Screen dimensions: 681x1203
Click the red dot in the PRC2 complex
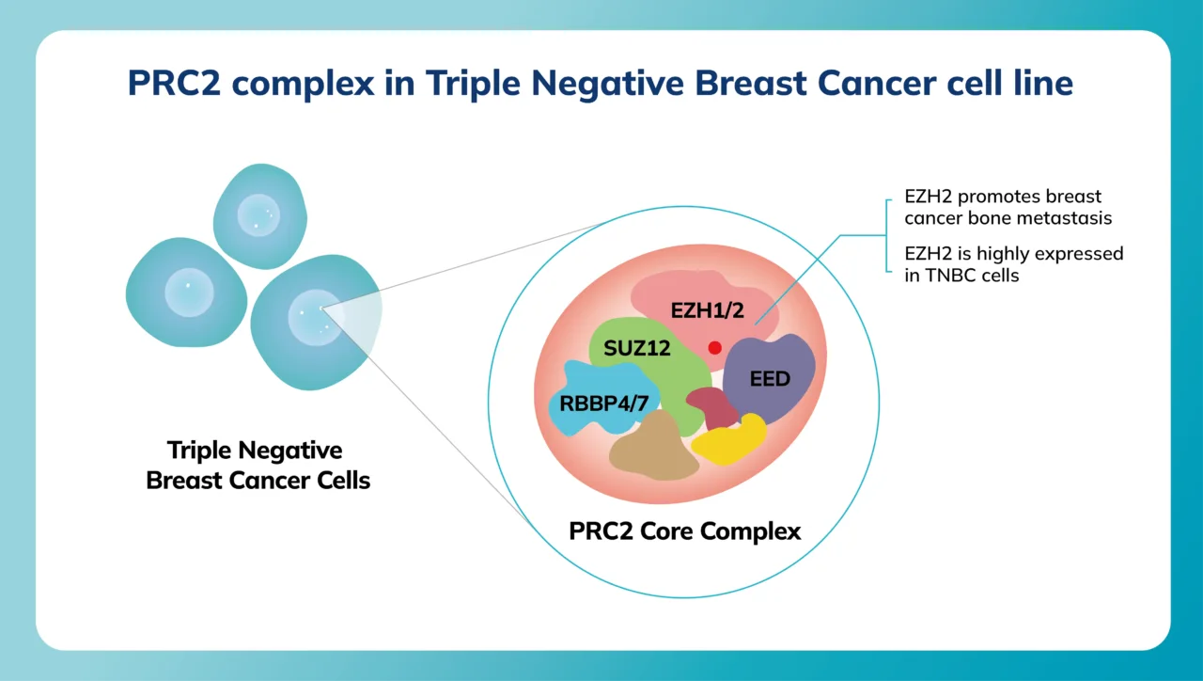tap(715, 348)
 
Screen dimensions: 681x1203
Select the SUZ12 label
tap(637, 349)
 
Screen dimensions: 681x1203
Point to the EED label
tap(770, 380)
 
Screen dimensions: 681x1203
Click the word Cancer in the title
tap(876, 83)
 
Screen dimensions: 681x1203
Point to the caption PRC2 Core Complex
tap(685, 531)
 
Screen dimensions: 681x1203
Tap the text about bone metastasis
tap(1002, 208)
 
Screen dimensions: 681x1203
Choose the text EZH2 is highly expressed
tap(1013, 254)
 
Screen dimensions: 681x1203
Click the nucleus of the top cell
tap(258, 214)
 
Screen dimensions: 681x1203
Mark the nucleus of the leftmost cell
tap(189, 292)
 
